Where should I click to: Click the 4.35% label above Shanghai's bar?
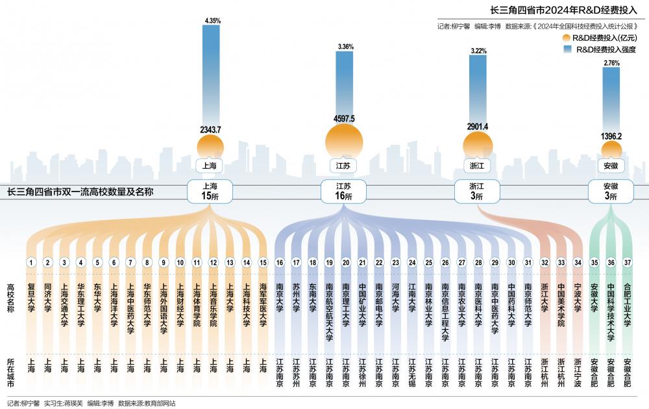tap(212, 21)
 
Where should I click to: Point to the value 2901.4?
tap(478, 127)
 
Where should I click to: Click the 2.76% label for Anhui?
tap(611, 63)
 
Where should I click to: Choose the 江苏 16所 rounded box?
tap(344, 191)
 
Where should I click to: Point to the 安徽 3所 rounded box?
tap(611, 191)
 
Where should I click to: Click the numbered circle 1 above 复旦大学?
tap(31, 262)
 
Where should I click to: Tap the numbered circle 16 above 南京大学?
tap(280, 262)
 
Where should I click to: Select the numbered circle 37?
tap(628, 262)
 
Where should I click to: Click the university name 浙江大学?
tap(545, 296)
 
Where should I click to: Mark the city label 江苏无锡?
tap(412, 371)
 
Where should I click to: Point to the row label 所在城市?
tap(10, 372)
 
